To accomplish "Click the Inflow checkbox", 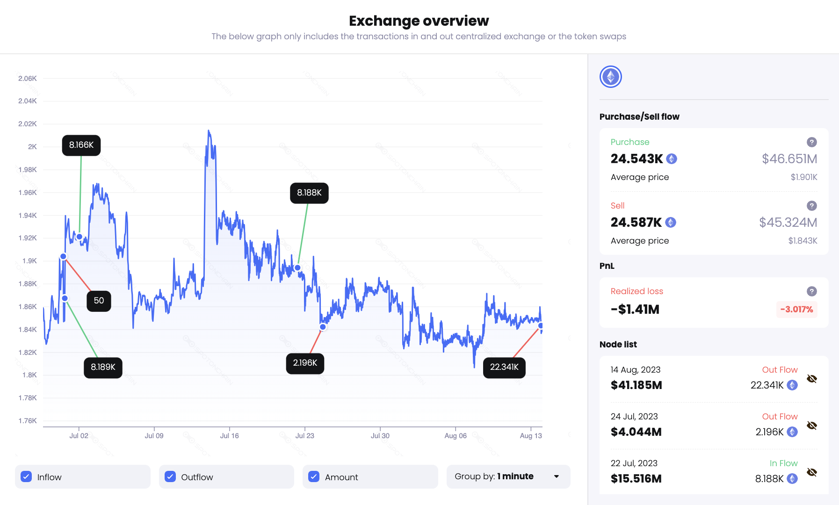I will click(27, 476).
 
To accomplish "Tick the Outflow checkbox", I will click(170, 476).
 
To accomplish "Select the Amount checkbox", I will click(314, 476).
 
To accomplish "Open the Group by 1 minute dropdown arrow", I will click(556, 476).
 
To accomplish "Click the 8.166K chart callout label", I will click(81, 145).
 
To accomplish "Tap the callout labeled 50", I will click(99, 301).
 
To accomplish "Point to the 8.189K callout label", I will click(103, 368).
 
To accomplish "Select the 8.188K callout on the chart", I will click(309, 193).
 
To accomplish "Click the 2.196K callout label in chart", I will click(305, 363).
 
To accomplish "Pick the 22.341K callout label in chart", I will click(504, 367).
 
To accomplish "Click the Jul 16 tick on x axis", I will click(229, 436).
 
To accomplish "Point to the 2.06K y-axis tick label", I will click(27, 79).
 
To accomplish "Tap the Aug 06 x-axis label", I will click(456, 436).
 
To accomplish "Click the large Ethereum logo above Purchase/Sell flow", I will click(611, 77).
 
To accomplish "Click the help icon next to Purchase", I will click(812, 142).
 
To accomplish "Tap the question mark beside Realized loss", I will click(812, 291).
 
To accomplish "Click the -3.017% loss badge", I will click(796, 310).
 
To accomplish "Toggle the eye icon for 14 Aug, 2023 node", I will click(812, 379).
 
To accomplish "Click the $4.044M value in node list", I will click(636, 432).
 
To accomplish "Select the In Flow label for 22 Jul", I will click(783, 463).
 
